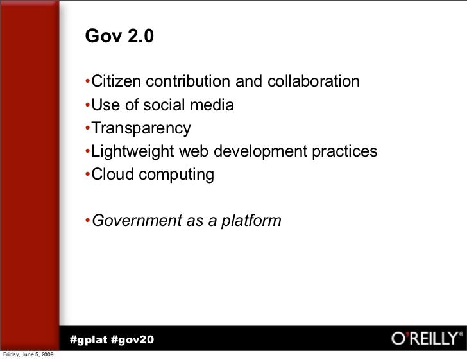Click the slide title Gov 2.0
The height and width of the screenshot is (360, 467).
[119, 37]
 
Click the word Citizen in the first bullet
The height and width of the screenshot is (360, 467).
[115, 82]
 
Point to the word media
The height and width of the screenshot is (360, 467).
[213, 105]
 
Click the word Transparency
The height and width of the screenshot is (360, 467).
[141, 129]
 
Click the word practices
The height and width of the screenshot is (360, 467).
[345, 151]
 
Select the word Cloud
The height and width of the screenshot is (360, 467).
[110, 175]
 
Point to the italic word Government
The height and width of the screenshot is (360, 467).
[135, 221]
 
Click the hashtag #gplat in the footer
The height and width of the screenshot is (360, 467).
[87, 339]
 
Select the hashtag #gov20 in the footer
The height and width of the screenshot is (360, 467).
[132, 339]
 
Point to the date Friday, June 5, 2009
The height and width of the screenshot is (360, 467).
[29, 355]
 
